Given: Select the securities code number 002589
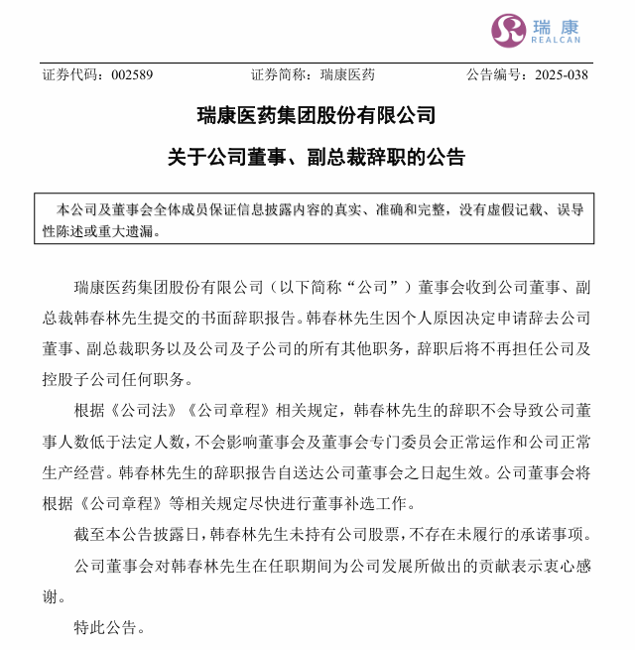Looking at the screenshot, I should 132,75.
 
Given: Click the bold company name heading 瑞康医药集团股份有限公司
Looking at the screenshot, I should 317,116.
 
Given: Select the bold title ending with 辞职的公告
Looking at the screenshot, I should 317,157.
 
